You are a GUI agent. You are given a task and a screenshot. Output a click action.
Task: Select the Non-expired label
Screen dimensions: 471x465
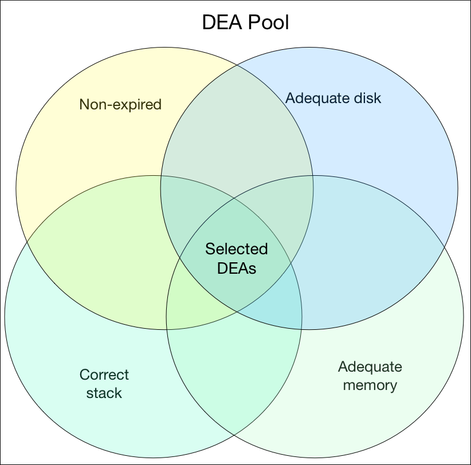click(120, 104)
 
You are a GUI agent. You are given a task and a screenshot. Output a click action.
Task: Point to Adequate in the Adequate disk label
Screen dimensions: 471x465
click(317, 98)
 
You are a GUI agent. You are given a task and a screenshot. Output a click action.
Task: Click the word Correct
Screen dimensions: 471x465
click(104, 375)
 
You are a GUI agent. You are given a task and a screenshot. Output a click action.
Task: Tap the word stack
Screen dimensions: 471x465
click(105, 393)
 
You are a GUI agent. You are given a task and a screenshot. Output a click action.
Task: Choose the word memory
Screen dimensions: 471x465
click(370, 385)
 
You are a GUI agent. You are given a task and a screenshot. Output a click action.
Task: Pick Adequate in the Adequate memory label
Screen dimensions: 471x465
click(370, 367)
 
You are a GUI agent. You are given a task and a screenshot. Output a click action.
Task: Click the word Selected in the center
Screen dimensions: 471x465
click(236, 249)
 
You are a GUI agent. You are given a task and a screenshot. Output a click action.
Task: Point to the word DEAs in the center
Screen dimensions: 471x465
click(236, 267)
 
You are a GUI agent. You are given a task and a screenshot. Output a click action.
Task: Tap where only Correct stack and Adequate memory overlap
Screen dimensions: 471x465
click(235, 367)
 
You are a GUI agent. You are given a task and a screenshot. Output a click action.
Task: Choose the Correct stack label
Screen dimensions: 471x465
click(104, 384)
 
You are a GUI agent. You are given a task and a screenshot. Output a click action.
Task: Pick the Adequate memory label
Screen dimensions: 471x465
click(370, 376)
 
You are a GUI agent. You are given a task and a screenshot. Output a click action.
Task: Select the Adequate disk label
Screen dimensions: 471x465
click(333, 98)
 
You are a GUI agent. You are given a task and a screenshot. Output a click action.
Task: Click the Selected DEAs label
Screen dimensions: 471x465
click(236, 258)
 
